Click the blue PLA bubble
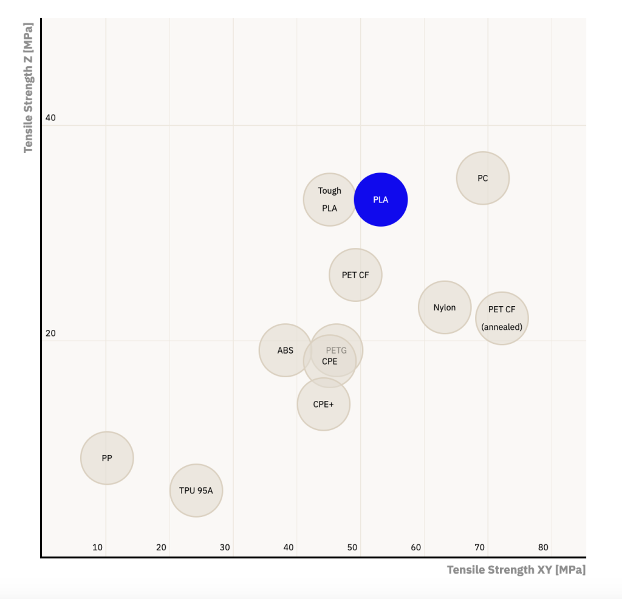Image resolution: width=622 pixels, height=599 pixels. [x=381, y=199]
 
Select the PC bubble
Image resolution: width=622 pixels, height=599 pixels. [x=483, y=178]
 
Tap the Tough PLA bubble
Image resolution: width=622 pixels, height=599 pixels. [x=330, y=199]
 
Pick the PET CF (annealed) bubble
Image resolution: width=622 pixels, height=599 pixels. [x=502, y=318]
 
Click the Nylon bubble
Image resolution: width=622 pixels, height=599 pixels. [x=445, y=307]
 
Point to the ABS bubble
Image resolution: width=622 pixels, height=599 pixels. [x=285, y=350]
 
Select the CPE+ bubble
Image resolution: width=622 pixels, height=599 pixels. [x=324, y=404]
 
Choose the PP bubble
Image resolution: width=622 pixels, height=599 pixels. [x=107, y=458]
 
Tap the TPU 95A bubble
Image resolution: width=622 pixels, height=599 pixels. [x=196, y=490]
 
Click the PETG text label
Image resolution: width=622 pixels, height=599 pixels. [x=337, y=351]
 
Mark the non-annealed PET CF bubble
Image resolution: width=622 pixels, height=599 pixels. [x=355, y=275]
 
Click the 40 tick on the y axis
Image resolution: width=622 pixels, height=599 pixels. [x=50, y=117]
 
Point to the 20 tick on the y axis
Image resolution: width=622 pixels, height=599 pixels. [x=50, y=333]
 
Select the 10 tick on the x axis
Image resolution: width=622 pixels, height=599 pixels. [x=98, y=547]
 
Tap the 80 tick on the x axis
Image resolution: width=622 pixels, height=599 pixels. [x=544, y=547]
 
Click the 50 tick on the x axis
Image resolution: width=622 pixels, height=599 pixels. [x=352, y=547]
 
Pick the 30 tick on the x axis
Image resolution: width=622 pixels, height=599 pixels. [x=225, y=547]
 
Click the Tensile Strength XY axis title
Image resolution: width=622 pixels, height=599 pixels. [x=516, y=570]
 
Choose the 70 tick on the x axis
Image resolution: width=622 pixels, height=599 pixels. [x=480, y=547]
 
